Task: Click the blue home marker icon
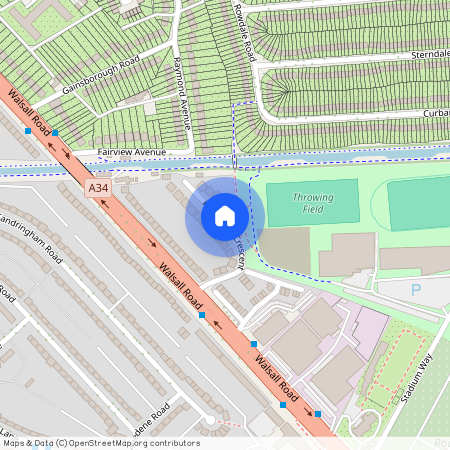(225, 215)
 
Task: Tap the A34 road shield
(97, 188)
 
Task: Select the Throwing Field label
(312, 204)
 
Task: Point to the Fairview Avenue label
(131, 152)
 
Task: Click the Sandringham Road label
(30, 232)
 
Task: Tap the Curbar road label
(434, 113)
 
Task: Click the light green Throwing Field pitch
(312, 204)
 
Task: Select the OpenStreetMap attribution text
(100, 442)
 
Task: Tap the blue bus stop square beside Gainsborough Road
(56, 132)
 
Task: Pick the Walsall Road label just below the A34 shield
(180, 286)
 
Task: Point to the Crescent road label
(240, 254)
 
